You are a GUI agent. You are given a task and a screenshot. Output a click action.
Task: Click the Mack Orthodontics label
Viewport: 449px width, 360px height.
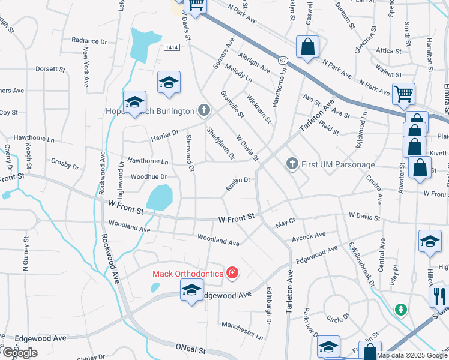(x=187, y=274)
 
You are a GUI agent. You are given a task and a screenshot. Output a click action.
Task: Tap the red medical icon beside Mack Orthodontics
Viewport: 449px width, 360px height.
(x=232, y=274)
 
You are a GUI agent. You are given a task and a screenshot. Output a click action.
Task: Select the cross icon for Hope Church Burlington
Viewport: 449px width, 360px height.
(x=205, y=110)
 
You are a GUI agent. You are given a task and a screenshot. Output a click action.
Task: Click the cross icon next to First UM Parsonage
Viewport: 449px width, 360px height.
(x=292, y=164)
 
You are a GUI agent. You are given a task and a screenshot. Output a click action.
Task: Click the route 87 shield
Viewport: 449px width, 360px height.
(x=283, y=60)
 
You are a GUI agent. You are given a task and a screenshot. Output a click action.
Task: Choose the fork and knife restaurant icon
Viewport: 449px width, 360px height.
(x=439, y=296)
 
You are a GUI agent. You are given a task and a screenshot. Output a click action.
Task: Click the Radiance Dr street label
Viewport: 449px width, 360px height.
(x=88, y=41)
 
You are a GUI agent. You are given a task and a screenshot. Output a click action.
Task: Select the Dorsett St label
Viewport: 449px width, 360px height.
(x=50, y=69)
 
